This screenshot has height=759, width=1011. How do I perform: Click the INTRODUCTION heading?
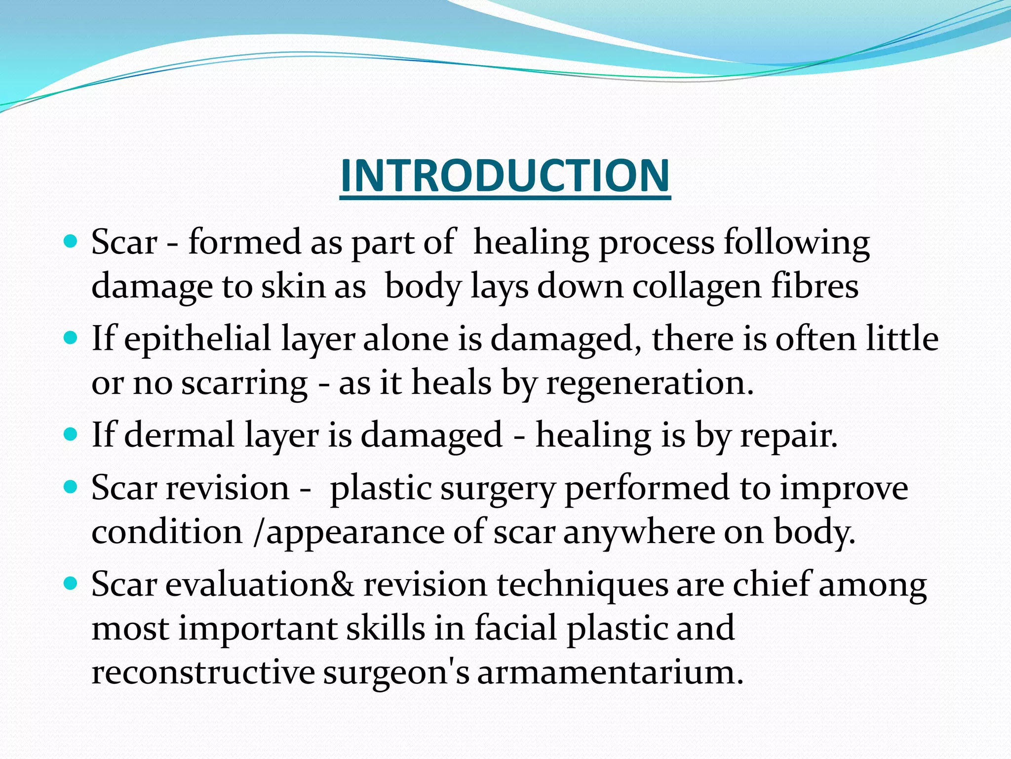pyautogui.click(x=505, y=176)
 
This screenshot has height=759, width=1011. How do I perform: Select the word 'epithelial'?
pyautogui.click(x=197, y=339)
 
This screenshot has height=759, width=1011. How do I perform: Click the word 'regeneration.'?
pyautogui.click(x=650, y=383)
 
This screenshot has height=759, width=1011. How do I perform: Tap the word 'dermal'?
pyautogui.click(x=179, y=435)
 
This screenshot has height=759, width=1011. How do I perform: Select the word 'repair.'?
pyautogui.click(x=788, y=435)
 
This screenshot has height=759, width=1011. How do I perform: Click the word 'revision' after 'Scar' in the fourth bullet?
pyautogui.click(x=228, y=488)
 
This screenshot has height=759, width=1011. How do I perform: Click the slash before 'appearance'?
pyautogui.click(x=258, y=533)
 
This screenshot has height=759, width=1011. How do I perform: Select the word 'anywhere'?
pyautogui.click(x=639, y=533)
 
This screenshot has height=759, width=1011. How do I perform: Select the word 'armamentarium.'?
pyautogui.click(x=610, y=673)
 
